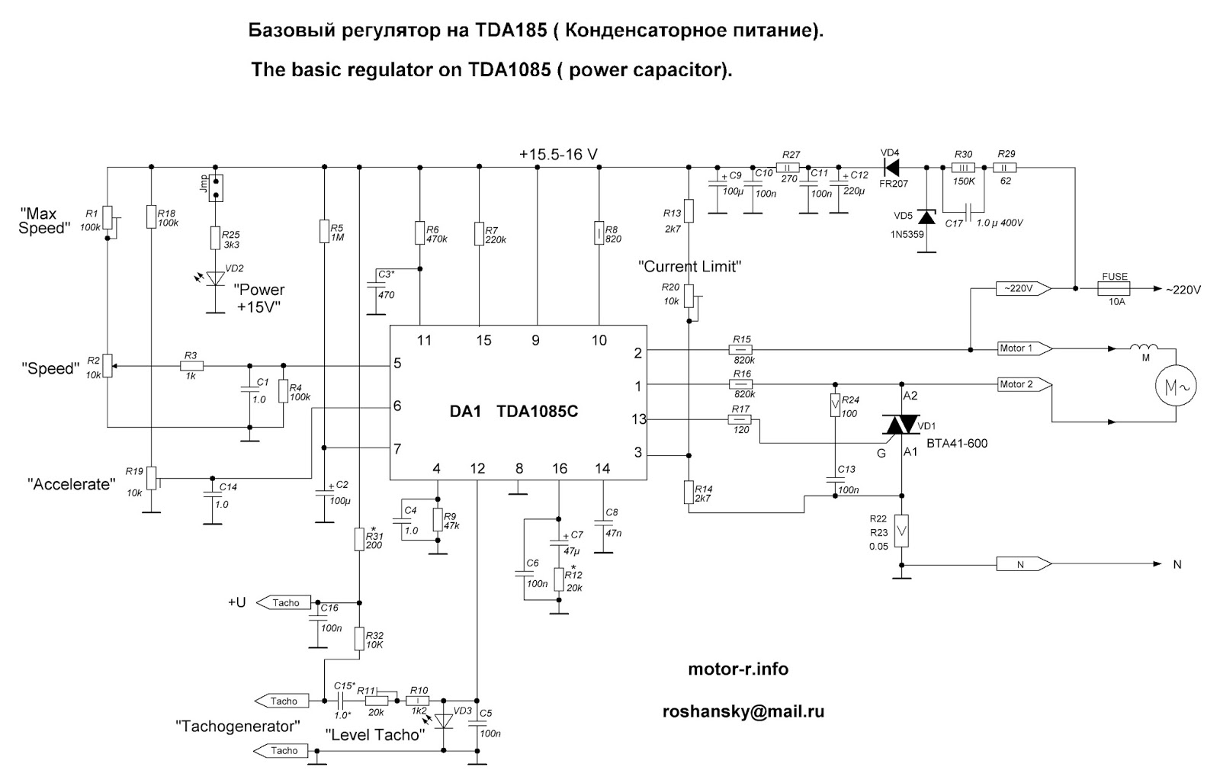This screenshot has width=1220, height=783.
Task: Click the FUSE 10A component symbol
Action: tap(1115, 289)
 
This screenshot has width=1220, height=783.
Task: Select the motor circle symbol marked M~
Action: tap(1175, 387)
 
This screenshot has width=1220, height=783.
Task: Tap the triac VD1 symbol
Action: tap(902, 425)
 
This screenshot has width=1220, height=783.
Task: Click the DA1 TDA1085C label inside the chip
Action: tap(513, 411)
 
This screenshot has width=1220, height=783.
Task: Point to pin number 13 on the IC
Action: tap(638, 419)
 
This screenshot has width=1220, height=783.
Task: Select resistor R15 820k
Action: tap(742, 350)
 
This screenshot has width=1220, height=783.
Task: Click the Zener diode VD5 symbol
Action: tap(926, 217)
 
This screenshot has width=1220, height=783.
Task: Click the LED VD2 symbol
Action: tap(217, 278)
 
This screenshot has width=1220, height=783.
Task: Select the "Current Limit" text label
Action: tap(690, 267)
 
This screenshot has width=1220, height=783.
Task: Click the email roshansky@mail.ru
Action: tap(743, 711)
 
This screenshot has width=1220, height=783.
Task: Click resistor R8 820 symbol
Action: tap(599, 234)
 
